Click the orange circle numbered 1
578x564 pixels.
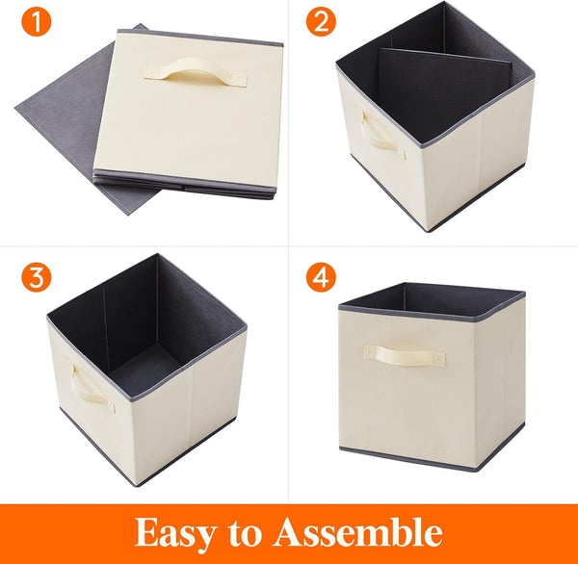point(37,22)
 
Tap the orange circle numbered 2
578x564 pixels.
point(321,22)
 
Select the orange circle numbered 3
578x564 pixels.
point(37,278)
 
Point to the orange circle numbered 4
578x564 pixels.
point(321,278)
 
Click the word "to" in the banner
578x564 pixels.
point(251,532)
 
